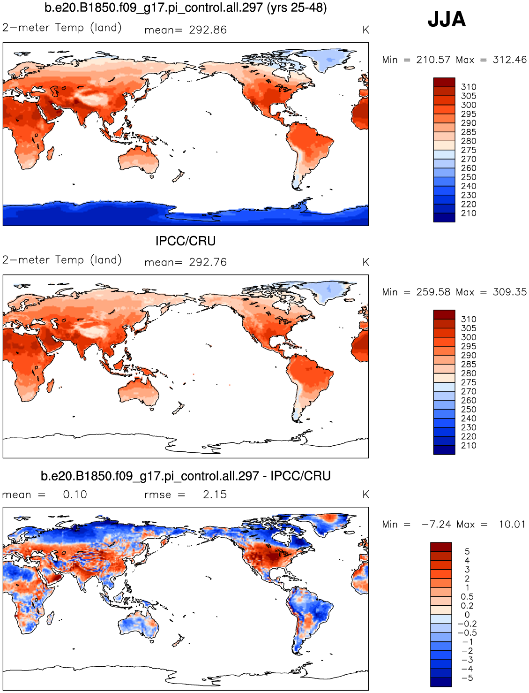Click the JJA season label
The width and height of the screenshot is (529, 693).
447,19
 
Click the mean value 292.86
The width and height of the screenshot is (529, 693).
208,30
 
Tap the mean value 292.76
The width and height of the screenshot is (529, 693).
208,262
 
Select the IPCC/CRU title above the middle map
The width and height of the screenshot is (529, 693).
186,241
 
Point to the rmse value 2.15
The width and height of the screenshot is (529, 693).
215,495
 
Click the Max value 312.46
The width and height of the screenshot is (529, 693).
509,60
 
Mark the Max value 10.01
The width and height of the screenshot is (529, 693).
512,525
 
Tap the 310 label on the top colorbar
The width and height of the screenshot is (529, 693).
469,87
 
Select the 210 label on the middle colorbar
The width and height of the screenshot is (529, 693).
469,446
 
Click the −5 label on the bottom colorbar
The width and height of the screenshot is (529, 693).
467,678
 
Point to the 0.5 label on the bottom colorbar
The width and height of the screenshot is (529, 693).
467,597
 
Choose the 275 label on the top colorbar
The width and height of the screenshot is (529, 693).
469,150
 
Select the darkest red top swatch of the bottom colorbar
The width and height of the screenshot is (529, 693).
441,547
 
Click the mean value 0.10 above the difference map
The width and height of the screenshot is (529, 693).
75,495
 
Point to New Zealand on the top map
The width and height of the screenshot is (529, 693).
178,176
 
